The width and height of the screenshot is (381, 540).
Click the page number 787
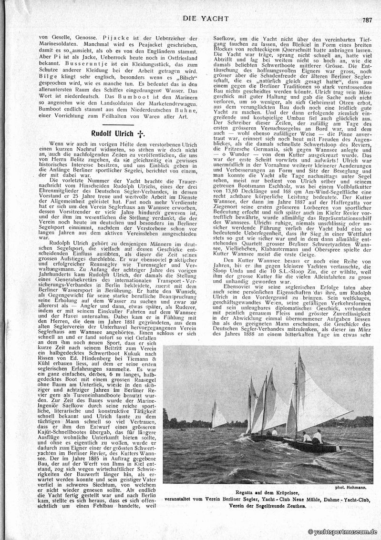[x=367, y=20]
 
